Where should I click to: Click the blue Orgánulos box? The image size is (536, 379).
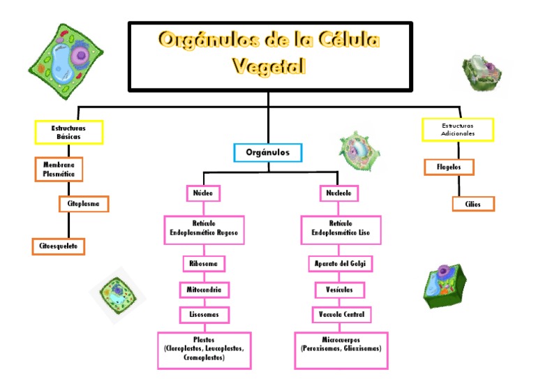[268, 152]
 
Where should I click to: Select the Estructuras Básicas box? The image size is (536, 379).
[68, 132]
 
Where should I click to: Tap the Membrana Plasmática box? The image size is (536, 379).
[59, 169]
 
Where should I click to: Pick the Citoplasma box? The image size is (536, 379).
[84, 204]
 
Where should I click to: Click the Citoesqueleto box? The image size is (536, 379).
[59, 246]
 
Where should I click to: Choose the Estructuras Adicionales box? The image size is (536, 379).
[458, 130]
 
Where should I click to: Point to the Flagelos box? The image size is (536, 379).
[449, 167]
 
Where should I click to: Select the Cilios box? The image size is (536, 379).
[473, 204]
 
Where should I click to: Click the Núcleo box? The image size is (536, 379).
[203, 193]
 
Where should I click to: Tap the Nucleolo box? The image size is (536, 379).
[338, 193]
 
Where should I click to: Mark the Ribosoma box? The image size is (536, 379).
[204, 264]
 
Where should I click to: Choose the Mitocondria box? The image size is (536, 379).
[204, 290]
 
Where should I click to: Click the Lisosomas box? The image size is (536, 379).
[204, 315]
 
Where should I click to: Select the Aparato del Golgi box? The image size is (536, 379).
[340, 264]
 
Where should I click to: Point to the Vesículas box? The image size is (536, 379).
[339, 290]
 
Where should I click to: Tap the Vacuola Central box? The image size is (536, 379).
[341, 315]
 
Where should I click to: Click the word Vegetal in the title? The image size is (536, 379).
[269, 66]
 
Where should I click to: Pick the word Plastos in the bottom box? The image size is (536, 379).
[204, 340]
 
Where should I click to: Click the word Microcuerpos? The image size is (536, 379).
[341, 340]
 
